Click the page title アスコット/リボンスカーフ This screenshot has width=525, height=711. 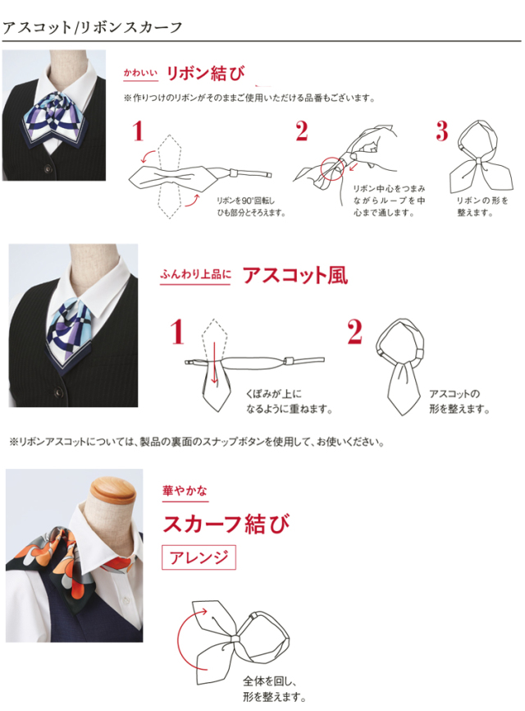[x=93, y=28]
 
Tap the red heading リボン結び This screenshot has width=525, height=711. [x=206, y=73]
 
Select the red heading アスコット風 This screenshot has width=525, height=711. [x=295, y=275]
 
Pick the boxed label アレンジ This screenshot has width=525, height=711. [x=199, y=557]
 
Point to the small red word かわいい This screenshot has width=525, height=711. [x=140, y=72]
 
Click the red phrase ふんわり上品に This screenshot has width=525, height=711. [x=195, y=274]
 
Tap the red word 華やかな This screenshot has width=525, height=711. [x=185, y=491]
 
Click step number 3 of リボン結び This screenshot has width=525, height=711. [x=442, y=131]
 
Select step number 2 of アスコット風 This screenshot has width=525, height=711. [x=354, y=332]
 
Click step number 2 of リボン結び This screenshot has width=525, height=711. [x=302, y=131]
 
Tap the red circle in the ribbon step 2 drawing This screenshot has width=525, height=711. [x=332, y=168]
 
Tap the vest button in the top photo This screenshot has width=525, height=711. [x=48, y=169]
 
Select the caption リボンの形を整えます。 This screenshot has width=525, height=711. [x=482, y=206]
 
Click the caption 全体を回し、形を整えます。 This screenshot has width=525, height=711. [x=275, y=689]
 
